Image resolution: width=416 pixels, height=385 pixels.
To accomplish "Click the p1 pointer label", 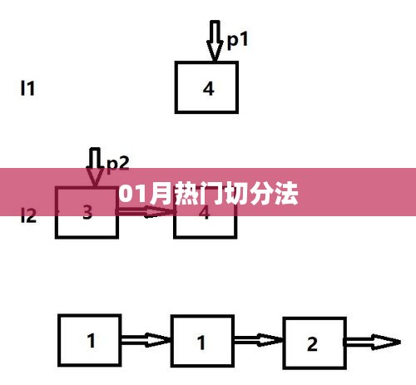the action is pyautogui.click(x=237, y=41).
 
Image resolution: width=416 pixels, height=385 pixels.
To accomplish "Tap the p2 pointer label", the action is pyautogui.click(x=118, y=165).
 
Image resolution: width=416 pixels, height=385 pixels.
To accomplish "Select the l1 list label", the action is pyautogui.click(x=27, y=88).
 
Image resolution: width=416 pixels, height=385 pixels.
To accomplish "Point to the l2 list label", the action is pyautogui.click(x=28, y=215).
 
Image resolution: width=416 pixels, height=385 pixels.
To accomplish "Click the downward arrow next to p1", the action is pyautogui.click(x=215, y=41).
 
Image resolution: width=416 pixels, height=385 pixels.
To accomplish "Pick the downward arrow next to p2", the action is pyautogui.click(x=95, y=167).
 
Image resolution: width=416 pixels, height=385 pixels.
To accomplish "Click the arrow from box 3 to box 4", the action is pyautogui.click(x=146, y=212).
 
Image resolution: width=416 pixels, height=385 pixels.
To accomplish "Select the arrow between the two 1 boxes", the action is pyautogui.click(x=146, y=340).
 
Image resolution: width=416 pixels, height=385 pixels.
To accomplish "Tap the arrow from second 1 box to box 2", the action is pyautogui.click(x=259, y=340).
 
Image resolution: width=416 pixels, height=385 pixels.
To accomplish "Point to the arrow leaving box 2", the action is pyautogui.click(x=373, y=343).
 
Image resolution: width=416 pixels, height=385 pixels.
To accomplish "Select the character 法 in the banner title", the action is pyautogui.click(x=286, y=193).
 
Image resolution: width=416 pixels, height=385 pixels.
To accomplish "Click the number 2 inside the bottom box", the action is pyautogui.click(x=312, y=344).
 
